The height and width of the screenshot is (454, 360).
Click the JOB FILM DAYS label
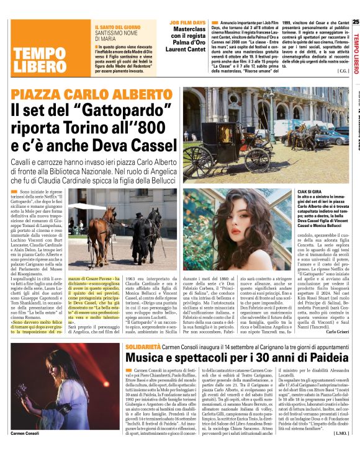click(187, 22)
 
